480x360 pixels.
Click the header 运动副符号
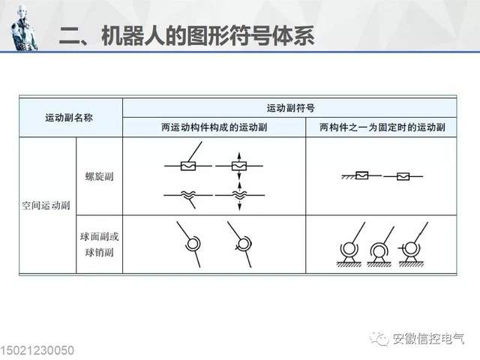(289, 108)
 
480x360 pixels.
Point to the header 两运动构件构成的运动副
(214, 127)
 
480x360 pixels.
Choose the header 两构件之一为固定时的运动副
(382, 127)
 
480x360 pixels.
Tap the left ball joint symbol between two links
(190, 243)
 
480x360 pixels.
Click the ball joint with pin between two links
(241, 243)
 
